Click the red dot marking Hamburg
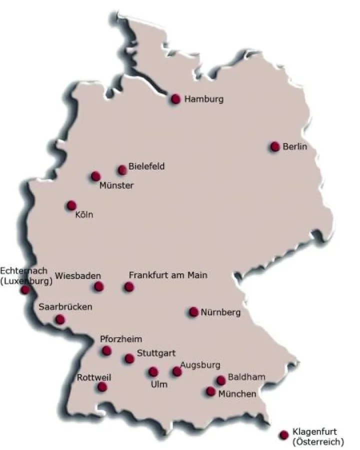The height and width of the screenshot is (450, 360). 175,99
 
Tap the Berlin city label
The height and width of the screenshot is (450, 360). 294,146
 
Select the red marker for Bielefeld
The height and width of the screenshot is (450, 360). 122,170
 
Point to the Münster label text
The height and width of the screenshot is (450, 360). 116,185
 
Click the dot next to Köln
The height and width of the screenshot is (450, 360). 71,205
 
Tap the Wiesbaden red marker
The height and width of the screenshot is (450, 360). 99,286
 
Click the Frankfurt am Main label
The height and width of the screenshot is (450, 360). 168,275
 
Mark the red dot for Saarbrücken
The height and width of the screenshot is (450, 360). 60,319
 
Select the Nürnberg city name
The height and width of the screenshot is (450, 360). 220,313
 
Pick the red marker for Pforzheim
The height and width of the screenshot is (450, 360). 106,350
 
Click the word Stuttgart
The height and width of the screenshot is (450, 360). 155,352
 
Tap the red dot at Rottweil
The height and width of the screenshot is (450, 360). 102,386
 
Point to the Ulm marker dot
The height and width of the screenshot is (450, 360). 153,371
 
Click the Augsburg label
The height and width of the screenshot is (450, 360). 200,364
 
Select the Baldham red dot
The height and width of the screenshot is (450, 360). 221,380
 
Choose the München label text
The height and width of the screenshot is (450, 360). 237,394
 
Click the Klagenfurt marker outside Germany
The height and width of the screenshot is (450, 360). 284,434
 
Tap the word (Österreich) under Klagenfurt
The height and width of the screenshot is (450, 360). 318,441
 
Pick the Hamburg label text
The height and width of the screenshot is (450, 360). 204,99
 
